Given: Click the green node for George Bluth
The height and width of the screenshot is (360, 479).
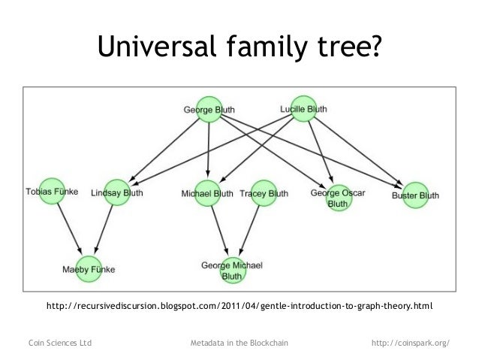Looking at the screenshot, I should click(x=209, y=110).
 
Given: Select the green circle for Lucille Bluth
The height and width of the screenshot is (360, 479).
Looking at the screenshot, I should click(x=303, y=108).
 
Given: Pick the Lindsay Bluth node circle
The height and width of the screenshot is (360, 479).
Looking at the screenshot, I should click(x=117, y=193).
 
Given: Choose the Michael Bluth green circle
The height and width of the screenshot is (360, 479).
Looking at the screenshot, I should click(x=208, y=193).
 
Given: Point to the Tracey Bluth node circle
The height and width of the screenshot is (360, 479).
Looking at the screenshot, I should click(x=264, y=193).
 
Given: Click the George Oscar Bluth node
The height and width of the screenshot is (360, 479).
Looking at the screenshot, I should click(x=338, y=198).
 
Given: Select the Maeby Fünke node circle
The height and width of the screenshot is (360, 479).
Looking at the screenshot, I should click(x=89, y=268).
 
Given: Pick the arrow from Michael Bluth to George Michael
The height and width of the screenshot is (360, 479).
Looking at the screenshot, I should click(x=218, y=229).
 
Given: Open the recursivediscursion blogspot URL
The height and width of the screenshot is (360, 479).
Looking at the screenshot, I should click(x=239, y=307).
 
